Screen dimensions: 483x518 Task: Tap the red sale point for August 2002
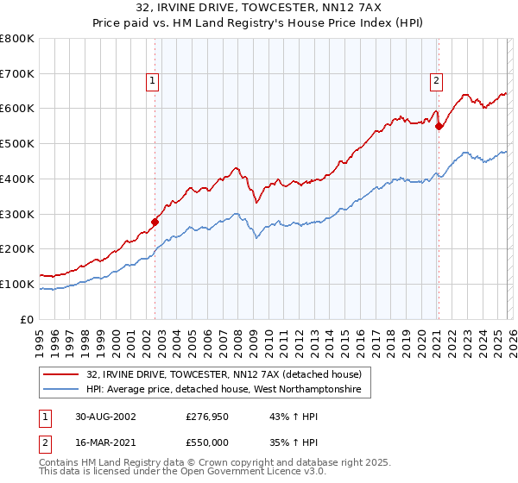point(155,222)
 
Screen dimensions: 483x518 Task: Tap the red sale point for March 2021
point(439,126)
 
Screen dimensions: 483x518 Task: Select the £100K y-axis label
point(17,284)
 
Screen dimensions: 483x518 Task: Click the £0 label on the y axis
point(27,319)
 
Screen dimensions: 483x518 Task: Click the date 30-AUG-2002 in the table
point(104,416)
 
